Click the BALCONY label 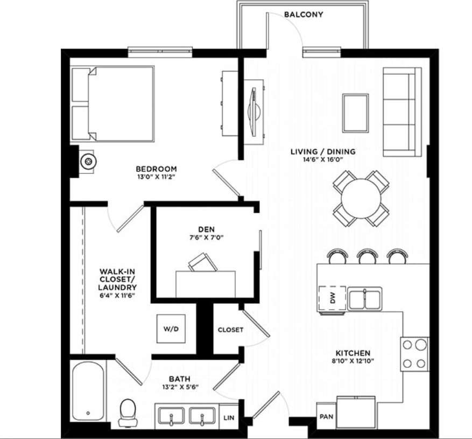(304, 15)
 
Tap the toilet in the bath (128, 412)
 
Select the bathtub (88, 392)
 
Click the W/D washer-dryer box (171, 328)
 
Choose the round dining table (361, 198)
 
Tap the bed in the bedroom (113, 103)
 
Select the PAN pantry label (326, 417)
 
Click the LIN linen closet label (229, 417)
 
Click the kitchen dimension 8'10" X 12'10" (353, 361)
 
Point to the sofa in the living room (401, 112)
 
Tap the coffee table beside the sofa (355, 113)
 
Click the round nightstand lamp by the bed (87, 161)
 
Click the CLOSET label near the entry (230, 330)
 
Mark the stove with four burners (414, 354)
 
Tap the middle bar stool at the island (367, 256)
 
